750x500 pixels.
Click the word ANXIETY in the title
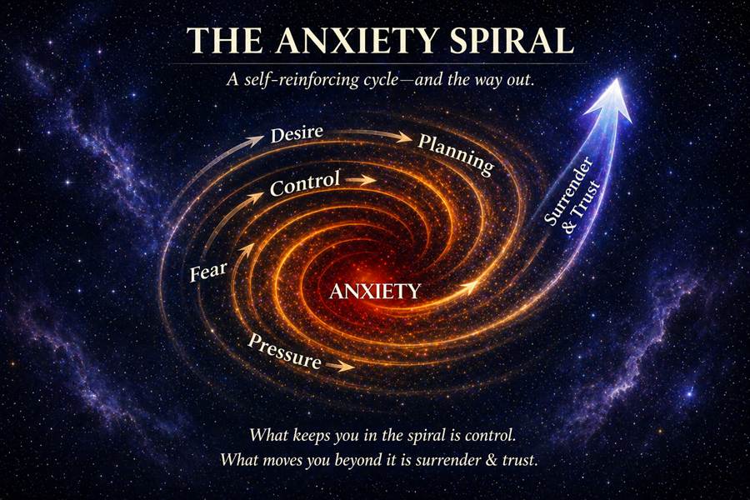click(x=357, y=40)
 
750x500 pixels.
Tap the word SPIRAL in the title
click(x=511, y=40)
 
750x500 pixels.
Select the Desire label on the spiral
click(x=297, y=133)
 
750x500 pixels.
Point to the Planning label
click(x=456, y=154)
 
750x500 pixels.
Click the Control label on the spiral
click(x=305, y=182)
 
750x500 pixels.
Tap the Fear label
click(x=208, y=272)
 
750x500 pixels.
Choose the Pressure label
click(x=284, y=352)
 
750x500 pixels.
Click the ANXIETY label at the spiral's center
click(x=375, y=291)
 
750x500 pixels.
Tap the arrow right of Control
click(x=360, y=180)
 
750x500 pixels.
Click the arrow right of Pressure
click(x=340, y=366)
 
